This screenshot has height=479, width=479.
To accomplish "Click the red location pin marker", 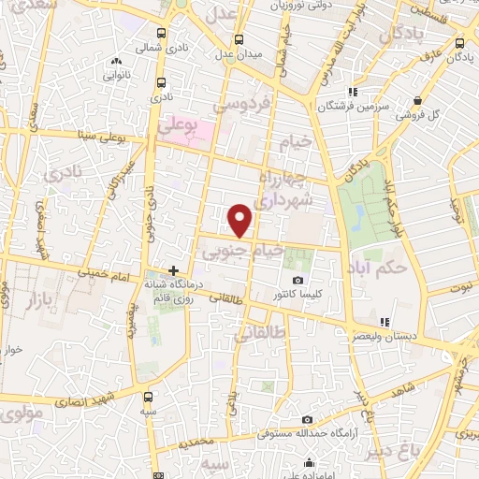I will coord(241,219).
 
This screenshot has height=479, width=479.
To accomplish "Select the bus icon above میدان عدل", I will coord(239,39).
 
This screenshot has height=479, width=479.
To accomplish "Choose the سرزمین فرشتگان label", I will coord(352,107).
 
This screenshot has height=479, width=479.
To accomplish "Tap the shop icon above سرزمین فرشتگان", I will coord(352,92).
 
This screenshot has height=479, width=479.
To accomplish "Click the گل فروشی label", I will coord(416,115).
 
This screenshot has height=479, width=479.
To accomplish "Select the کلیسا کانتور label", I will coord(298,295).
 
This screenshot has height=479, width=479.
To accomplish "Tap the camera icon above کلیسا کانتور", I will coord(298,281).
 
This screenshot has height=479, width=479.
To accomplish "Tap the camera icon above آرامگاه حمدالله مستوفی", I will coord(306,419).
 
